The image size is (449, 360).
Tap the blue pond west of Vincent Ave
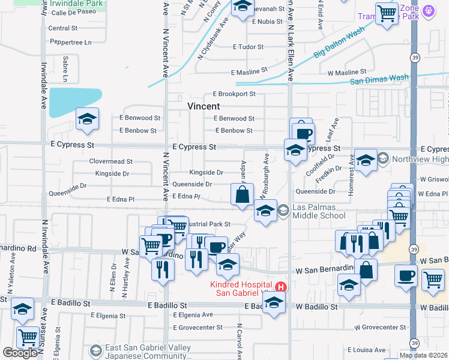pos(75,102)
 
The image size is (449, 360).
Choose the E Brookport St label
pos(234,94)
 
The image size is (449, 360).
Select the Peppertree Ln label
pos(70,43)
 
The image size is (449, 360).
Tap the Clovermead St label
pos(110,161)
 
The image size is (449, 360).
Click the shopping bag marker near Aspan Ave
pos(241,194)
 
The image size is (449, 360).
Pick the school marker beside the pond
pos(88,119)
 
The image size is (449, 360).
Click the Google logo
pos(20,353)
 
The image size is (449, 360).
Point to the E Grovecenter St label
pos(197,328)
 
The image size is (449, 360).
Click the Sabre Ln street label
pos(65,70)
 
